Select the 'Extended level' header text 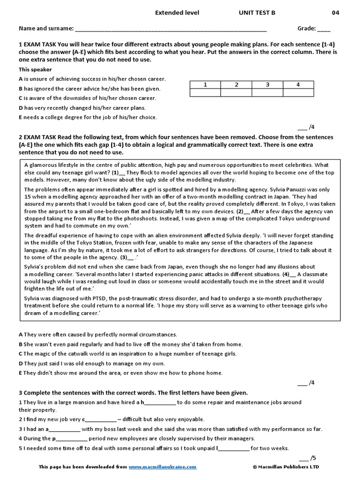pos(177,13)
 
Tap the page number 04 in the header pos(336,13)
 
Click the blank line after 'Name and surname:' pos(171,29)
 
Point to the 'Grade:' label pos(307,29)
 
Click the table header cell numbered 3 pos(267,85)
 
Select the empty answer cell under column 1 pos(205,93)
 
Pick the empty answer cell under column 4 pos(298,93)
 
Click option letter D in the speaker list pos(21,108)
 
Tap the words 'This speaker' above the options pos(35,70)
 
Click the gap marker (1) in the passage pos(116,172)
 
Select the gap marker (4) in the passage pos(286,274)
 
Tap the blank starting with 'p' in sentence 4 pos(70,439)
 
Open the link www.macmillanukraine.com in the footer pos(163,467)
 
